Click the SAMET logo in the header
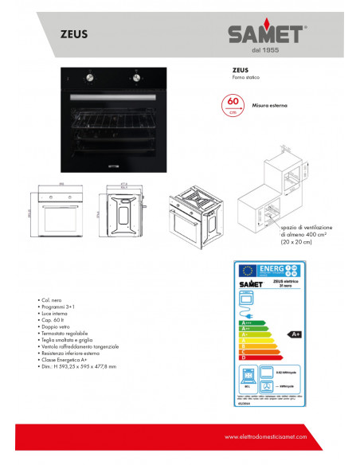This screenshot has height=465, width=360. [x=266, y=34]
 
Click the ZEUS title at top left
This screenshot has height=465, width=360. [x=74, y=34]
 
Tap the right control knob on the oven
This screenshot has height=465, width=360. [x=135, y=78]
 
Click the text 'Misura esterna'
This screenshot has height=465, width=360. [x=269, y=104]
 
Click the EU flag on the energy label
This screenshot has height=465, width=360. [x=248, y=270]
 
